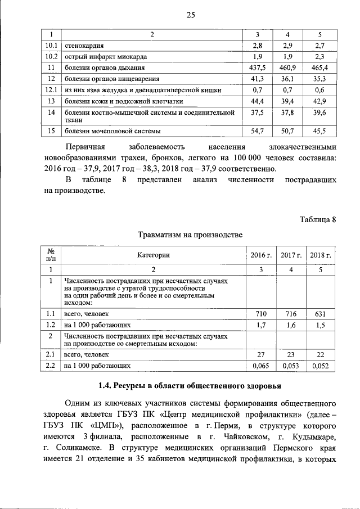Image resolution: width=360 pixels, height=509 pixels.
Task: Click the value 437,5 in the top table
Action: click(x=258, y=67)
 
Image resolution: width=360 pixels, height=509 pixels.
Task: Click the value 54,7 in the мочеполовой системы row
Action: click(x=258, y=132)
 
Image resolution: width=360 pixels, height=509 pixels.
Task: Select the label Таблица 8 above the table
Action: click(x=317, y=219)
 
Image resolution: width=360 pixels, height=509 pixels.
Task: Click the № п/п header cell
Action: click(x=51, y=255)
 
